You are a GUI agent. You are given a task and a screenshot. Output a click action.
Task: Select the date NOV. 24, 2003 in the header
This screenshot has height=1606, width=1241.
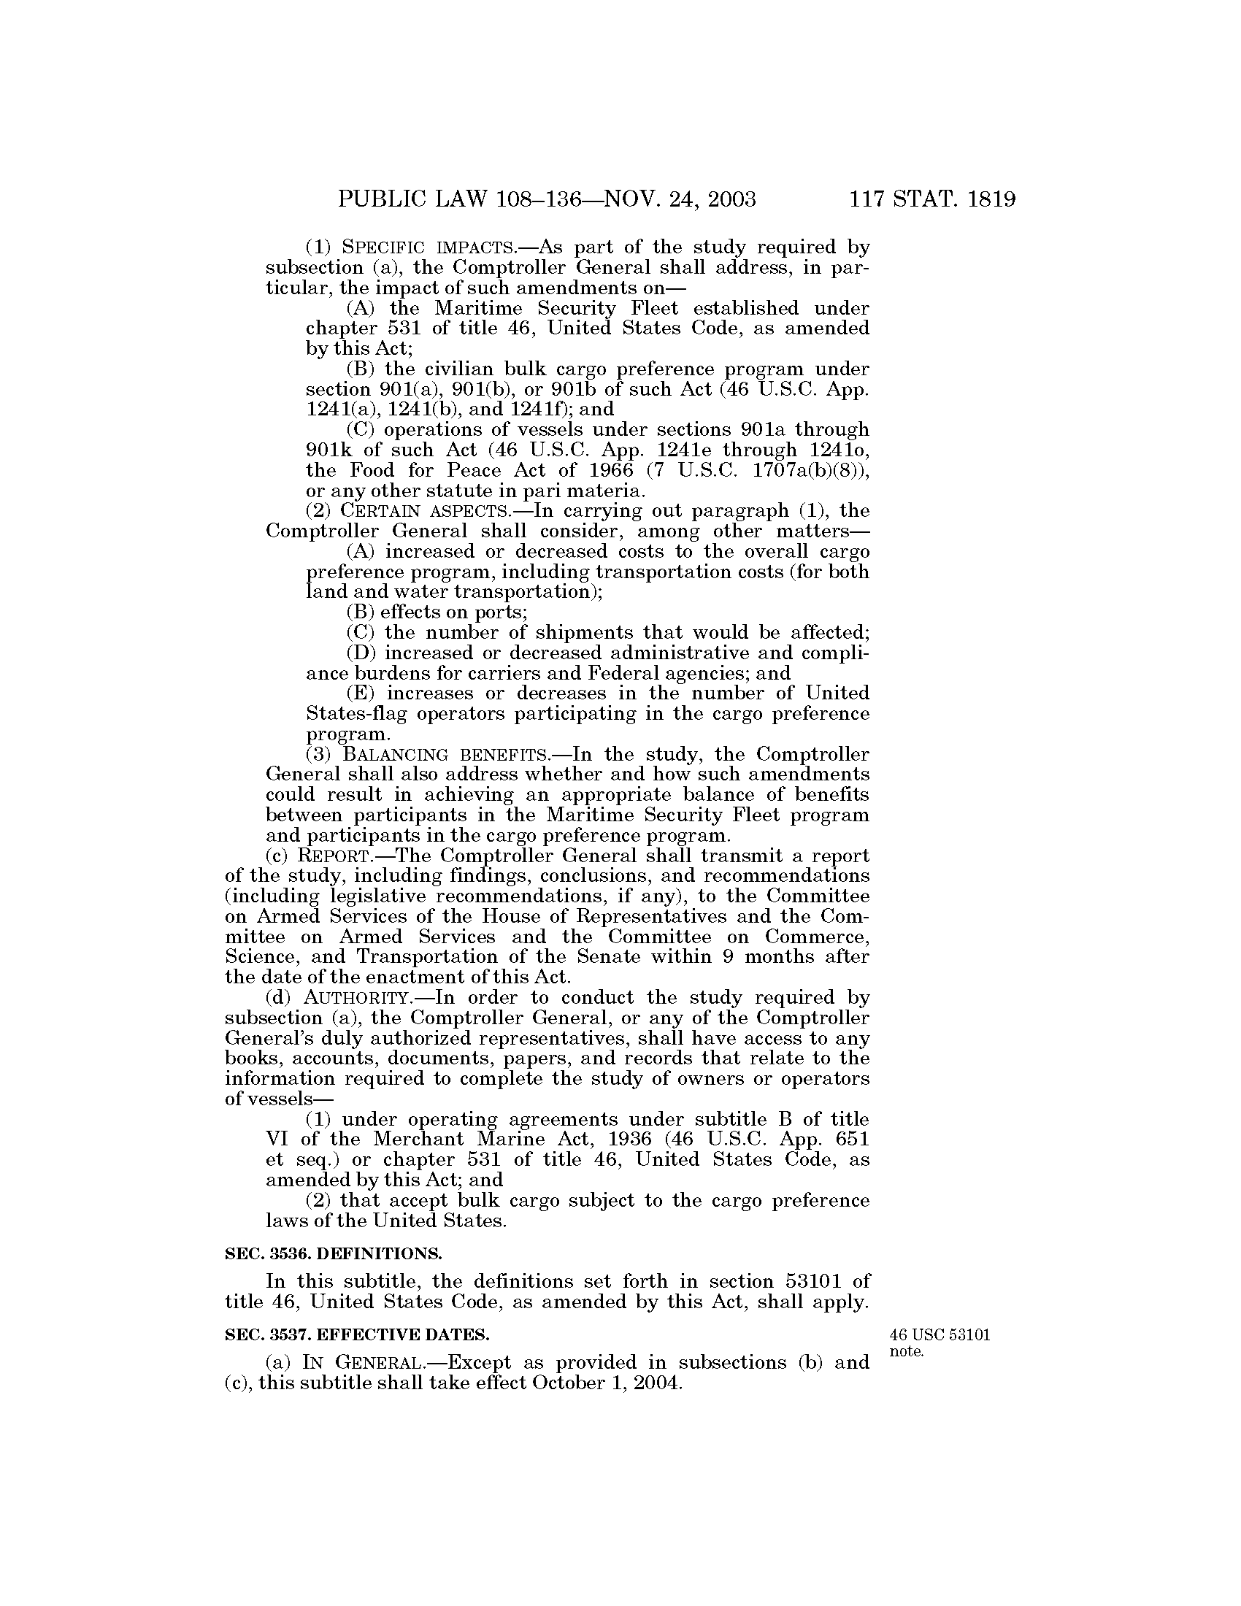[680, 200]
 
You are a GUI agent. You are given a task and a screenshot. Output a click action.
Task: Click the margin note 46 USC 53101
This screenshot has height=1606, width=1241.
[940, 1335]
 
